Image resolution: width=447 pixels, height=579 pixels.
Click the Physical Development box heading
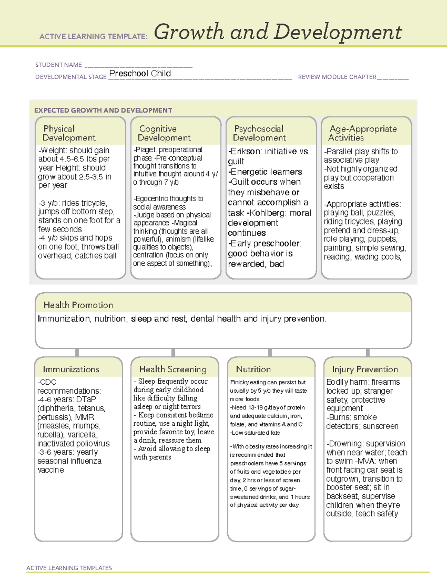pos(69,133)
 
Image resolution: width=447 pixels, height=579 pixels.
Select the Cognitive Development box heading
pos(164,133)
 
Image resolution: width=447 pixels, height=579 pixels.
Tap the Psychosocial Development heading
pos(259,133)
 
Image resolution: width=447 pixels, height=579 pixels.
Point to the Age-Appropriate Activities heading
pos(363,133)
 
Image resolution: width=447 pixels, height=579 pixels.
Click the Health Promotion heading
pos(78,305)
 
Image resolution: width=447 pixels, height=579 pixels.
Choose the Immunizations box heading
pos(71,369)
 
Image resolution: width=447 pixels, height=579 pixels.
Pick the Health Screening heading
pos(173,369)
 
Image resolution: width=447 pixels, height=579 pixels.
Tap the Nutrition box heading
pos(253,369)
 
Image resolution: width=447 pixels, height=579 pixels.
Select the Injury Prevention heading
pos(365,369)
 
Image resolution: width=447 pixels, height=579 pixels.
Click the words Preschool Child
pos(140,73)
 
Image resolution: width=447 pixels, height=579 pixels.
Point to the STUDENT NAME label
pos(58,65)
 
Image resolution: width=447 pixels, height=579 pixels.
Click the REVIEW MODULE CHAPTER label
pos(337,77)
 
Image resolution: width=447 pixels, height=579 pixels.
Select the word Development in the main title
pos(338,33)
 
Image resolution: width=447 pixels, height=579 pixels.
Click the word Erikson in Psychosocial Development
pos(246,151)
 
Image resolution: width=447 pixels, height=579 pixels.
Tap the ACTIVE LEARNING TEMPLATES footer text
pos(69,568)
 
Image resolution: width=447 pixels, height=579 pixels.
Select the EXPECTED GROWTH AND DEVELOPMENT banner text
pos(103,110)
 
